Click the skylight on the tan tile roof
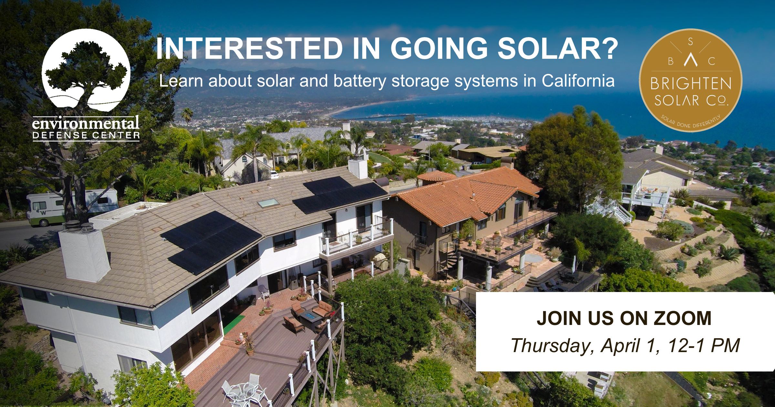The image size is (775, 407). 268,203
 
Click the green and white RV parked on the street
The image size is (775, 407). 72,207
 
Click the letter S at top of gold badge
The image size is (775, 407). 690,50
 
